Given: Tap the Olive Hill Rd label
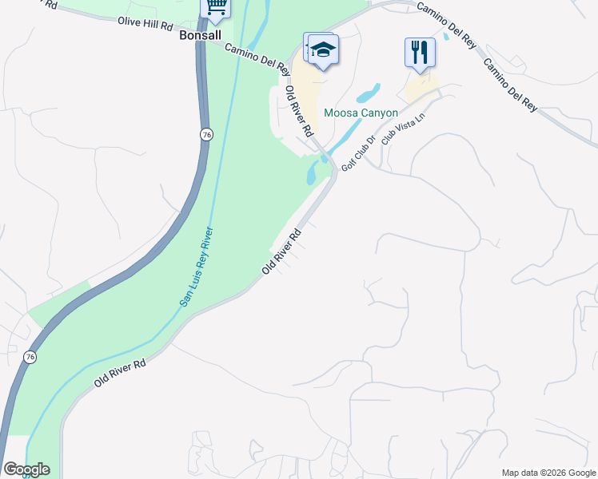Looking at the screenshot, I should click(145, 24).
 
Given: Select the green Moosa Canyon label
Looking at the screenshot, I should click(360, 113).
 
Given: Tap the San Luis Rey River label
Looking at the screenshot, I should click(196, 267).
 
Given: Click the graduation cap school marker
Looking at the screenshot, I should click(322, 51).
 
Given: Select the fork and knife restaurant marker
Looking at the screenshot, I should click(420, 53).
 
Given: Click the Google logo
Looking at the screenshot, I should click(26, 469).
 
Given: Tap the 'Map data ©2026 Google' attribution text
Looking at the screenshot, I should click(548, 473).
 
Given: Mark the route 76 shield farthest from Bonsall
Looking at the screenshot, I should click(30, 355).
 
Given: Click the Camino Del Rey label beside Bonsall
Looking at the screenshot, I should click(257, 60).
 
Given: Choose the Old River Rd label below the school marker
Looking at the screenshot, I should click(299, 109).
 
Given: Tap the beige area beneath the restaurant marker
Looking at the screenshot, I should click(421, 86).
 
